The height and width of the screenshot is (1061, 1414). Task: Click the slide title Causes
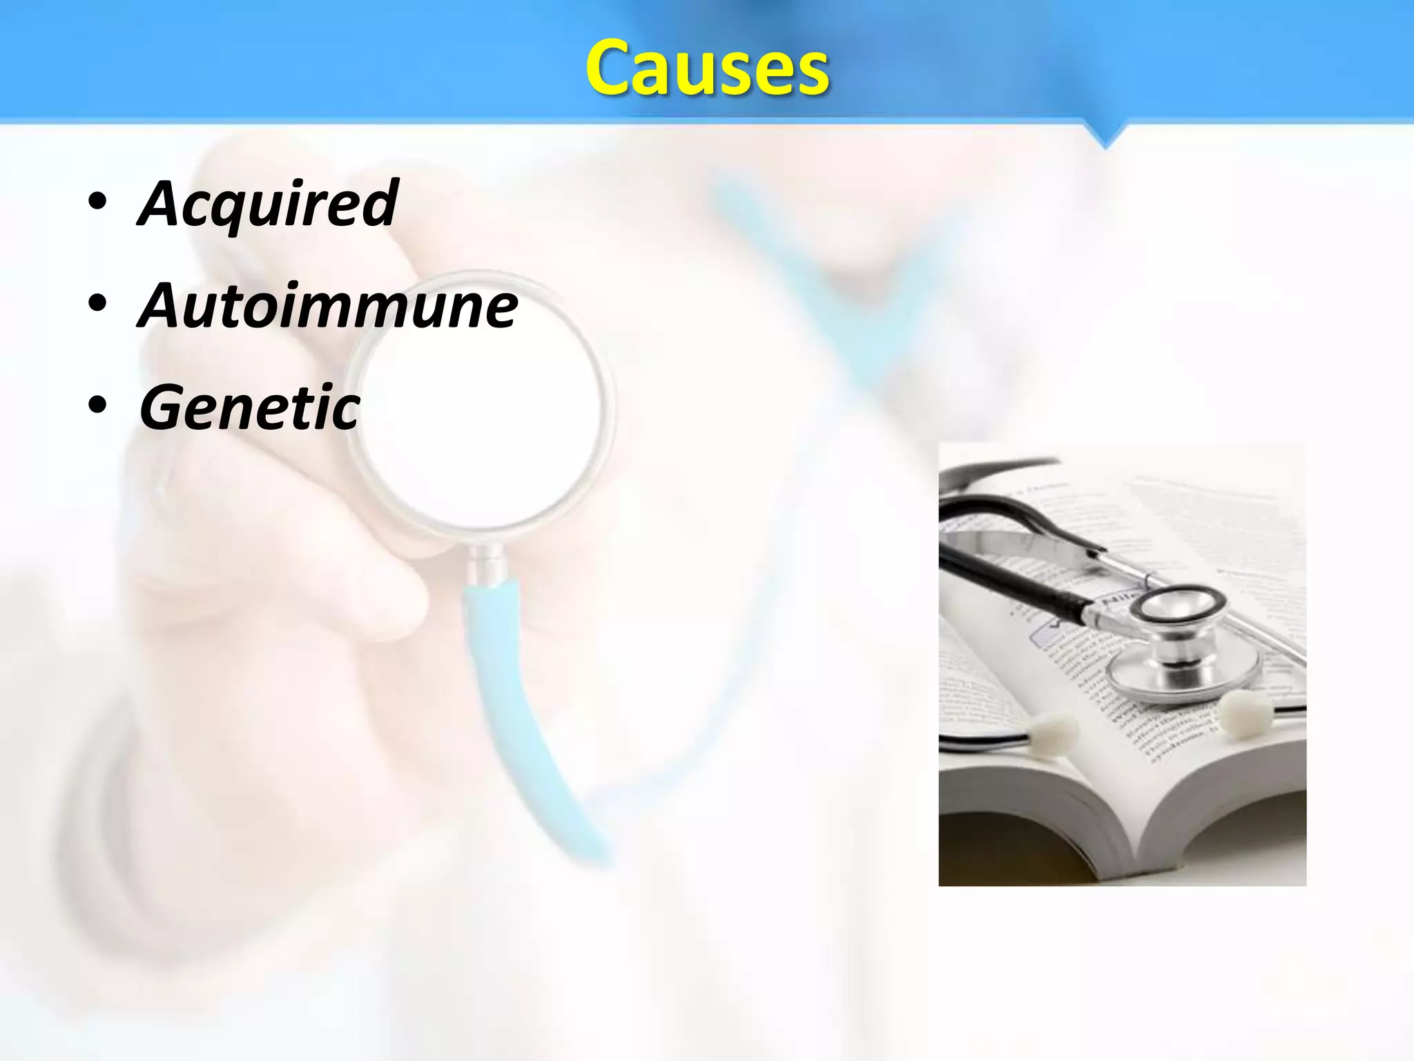(x=707, y=68)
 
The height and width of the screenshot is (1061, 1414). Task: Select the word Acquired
(x=268, y=203)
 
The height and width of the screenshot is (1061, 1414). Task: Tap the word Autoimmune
(x=328, y=305)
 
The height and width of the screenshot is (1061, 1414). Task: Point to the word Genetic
(x=250, y=408)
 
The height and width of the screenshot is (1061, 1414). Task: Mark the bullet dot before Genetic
(x=97, y=407)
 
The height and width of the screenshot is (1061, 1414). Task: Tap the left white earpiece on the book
(x=1050, y=729)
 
